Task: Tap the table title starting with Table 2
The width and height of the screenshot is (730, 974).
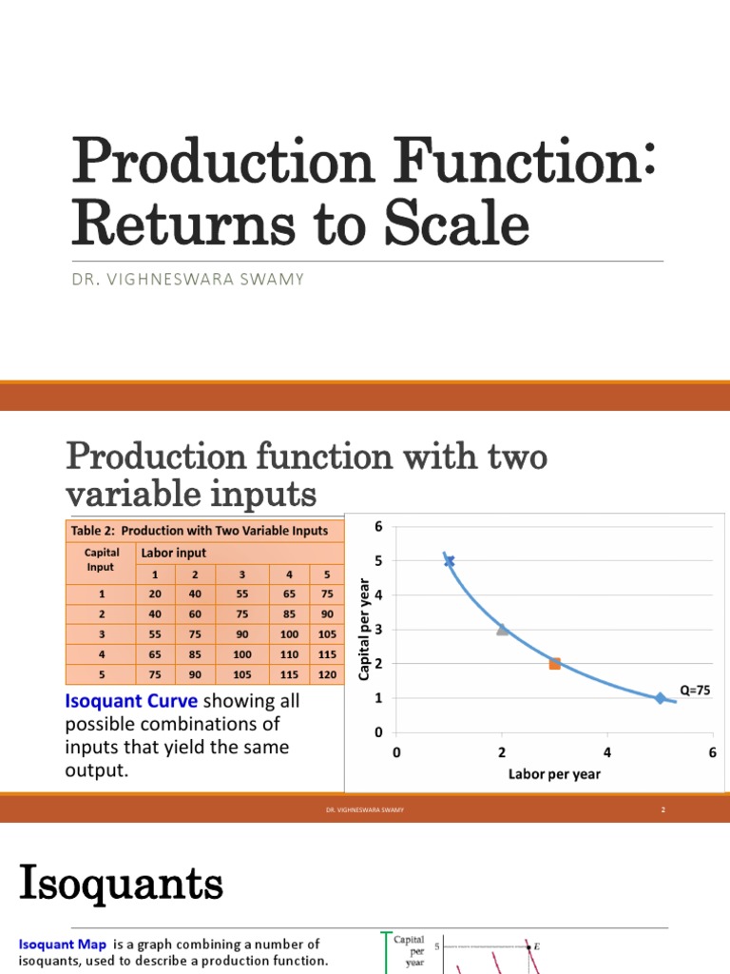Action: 199,531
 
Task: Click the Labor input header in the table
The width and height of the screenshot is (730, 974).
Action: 173,553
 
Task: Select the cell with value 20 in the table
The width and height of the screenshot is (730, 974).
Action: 154,594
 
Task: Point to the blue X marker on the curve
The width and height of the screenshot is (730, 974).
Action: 449,561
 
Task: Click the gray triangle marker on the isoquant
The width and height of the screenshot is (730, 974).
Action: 502,629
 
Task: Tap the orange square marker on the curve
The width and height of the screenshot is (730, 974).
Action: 554,664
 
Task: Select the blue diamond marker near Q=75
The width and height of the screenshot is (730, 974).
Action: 660,698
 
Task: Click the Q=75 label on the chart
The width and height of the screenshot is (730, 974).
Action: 695,690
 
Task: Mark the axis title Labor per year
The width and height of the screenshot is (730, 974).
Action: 554,773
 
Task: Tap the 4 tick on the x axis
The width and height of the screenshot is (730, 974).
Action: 607,752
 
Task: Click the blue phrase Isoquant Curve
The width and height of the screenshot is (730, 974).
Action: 131,701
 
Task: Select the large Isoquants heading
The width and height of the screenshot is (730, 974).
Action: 121,886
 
